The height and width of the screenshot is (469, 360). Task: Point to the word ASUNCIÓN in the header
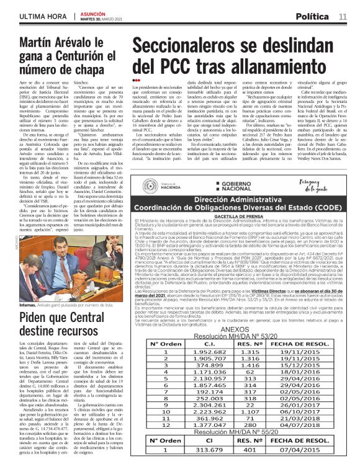94,11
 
